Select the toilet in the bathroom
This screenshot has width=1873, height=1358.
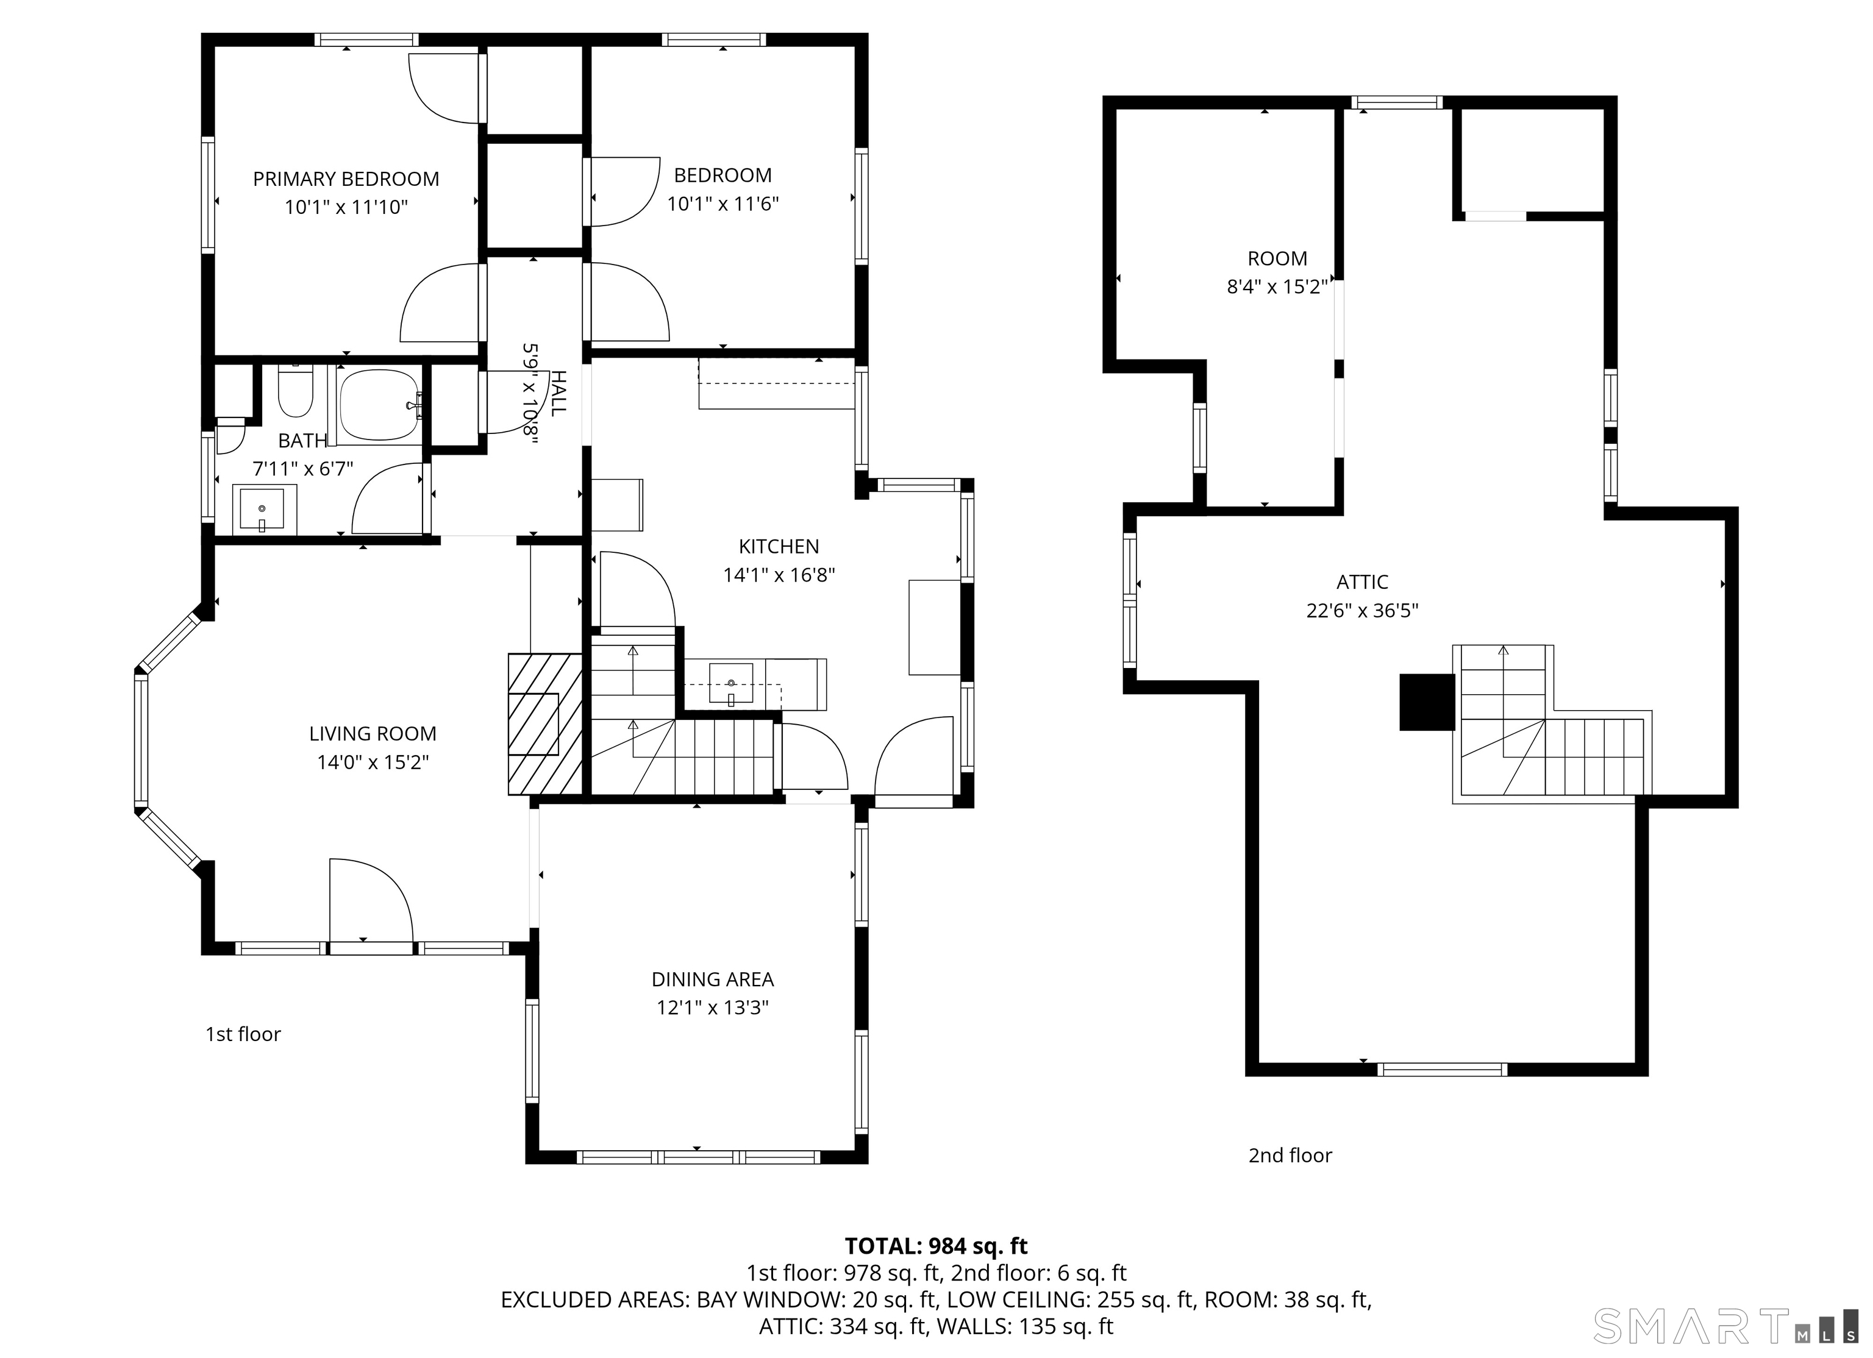pos(295,392)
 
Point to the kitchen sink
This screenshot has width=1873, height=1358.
pos(731,683)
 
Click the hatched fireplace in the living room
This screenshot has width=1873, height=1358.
pos(544,724)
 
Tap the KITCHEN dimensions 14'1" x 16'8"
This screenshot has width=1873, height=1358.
pos(779,575)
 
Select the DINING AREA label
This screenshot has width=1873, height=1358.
pos(712,979)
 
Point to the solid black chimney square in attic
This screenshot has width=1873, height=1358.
pos(1426,702)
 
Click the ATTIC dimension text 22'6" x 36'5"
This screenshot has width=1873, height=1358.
pos(1362,611)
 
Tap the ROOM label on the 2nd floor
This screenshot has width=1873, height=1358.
pos(1277,258)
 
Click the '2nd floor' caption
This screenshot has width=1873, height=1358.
pos(1290,1156)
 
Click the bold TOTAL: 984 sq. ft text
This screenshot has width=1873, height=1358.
pos(936,1246)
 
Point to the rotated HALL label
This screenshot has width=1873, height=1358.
pos(559,393)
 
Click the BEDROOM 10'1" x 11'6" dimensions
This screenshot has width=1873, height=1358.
pos(722,204)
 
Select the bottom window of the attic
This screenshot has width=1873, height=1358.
pos(1442,1070)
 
